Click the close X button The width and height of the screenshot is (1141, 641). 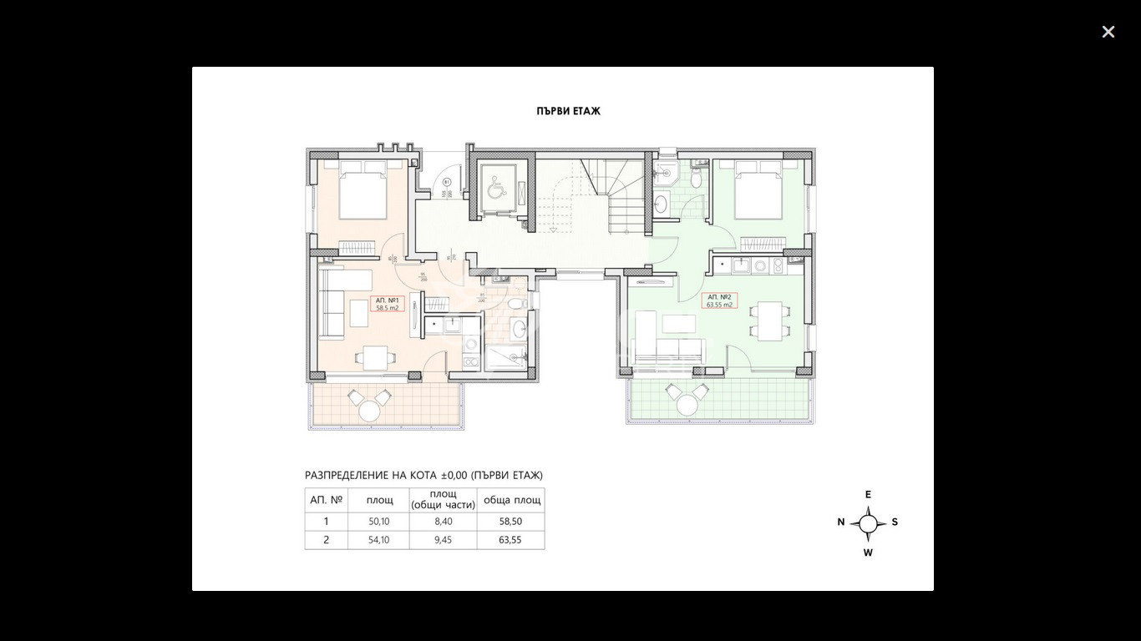[1108, 32]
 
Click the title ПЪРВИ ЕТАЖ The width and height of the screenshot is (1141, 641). [568, 111]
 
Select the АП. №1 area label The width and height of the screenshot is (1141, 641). [388, 304]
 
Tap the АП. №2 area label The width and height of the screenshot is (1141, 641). [719, 301]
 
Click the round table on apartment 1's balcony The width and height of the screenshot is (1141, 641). [369, 410]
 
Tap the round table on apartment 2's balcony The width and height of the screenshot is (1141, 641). [687, 405]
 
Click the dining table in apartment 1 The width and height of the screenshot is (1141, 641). [369, 358]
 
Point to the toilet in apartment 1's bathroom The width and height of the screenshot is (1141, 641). [517, 302]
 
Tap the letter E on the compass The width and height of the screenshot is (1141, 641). [868, 494]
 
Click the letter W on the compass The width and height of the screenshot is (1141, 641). [868, 553]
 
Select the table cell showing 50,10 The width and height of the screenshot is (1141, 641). [378, 522]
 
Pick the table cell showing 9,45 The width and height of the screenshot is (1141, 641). [443, 540]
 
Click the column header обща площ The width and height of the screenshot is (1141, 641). [511, 500]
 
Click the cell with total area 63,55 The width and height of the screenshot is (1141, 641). [510, 540]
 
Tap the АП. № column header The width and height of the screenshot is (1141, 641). [326, 500]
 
